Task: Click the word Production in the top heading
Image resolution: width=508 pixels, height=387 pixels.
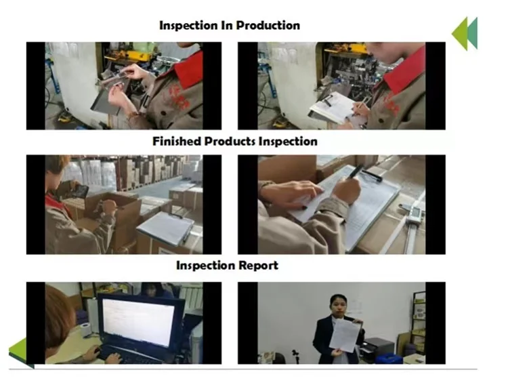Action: pos(268,25)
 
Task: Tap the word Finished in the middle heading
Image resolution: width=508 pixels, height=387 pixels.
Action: pos(177,142)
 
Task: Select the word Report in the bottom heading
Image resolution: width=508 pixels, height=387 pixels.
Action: pos(258,266)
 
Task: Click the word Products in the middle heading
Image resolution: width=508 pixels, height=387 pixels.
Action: pos(230,142)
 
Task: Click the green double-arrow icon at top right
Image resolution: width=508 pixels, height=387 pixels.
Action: pos(465,34)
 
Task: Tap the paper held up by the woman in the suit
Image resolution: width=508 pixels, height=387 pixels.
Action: pos(345,335)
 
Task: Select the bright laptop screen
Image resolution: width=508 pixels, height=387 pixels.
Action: pos(139,322)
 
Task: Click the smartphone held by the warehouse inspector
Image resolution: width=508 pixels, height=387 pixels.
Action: pos(78,191)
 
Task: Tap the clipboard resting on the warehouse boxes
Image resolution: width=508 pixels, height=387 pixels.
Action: pos(166,228)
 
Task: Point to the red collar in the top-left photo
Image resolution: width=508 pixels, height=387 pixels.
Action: pos(189,70)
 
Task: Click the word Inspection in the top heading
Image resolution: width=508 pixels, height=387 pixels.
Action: pos(188,25)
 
